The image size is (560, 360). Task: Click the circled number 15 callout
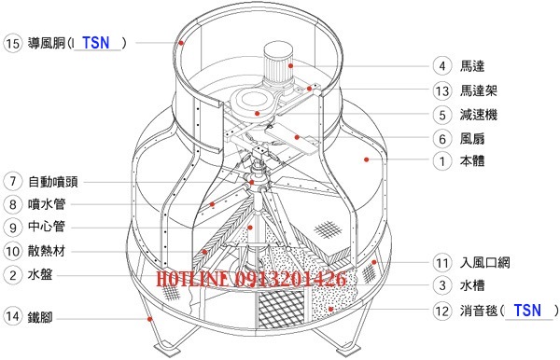(12, 43)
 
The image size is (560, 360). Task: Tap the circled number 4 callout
(442, 66)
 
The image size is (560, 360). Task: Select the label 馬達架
(478, 90)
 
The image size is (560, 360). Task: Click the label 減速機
(478, 115)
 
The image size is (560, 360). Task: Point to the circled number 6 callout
(442, 138)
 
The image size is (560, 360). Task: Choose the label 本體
(472, 161)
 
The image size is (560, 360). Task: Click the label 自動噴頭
(53, 182)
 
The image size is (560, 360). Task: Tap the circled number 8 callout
(12, 204)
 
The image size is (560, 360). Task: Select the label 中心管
(47, 227)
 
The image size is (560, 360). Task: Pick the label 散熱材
(47, 251)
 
